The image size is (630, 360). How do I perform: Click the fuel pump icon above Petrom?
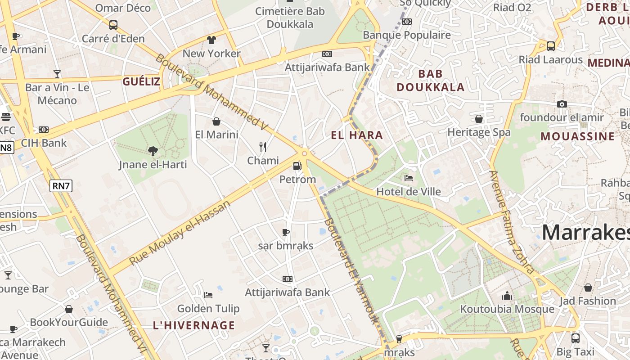click(297, 166)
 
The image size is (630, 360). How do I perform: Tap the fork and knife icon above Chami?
click(263, 147)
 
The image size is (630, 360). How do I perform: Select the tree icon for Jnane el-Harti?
click(153, 151)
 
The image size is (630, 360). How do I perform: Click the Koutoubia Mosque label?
click(507, 309)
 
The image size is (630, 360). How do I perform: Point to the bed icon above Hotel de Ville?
click(409, 178)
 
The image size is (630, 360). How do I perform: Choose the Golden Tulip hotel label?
click(208, 309)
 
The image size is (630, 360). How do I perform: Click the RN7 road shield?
click(61, 186)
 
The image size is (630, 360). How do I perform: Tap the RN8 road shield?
click(6, 148)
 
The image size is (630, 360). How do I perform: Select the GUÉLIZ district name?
click(141, 81)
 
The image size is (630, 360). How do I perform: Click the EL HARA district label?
click(357, 135)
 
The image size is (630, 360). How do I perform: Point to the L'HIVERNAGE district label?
click(194, 325)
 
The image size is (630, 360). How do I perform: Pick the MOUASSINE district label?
click(577, 136)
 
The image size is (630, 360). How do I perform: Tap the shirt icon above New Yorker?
click(211, 40)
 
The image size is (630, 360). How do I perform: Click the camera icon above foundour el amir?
click(562, 104)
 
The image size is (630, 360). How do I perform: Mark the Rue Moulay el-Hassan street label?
click(180, 233)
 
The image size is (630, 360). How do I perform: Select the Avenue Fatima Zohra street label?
click(512, 222)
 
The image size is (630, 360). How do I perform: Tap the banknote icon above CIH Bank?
click(44, 130)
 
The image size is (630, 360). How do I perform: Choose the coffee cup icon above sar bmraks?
click(285, 232)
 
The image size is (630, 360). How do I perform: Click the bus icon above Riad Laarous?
click(550, 46)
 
